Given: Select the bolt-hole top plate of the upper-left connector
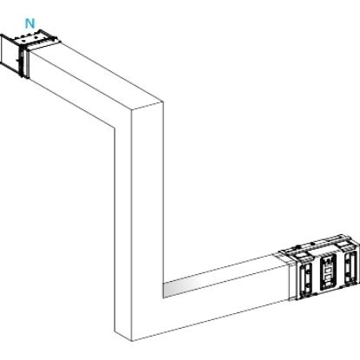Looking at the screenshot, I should click(33, 40).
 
